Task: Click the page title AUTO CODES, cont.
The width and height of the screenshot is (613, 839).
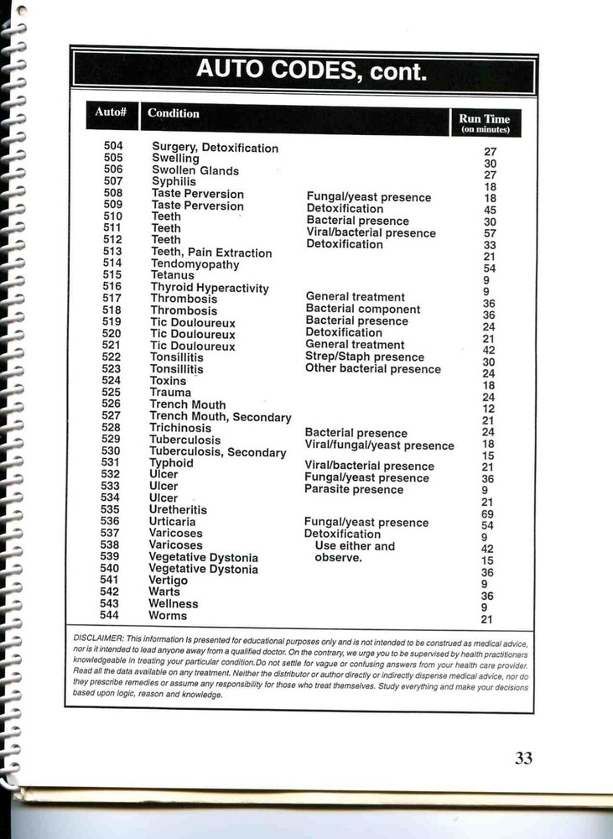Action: pyautogui.click(x=311, y=70)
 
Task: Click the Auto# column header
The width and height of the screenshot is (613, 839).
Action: pyautogui.click(x=111, y=112)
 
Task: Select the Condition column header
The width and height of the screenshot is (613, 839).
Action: pyautogui.click(x=174, y=113)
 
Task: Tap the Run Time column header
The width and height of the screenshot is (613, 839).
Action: pyautogui.click(x=485, y=122)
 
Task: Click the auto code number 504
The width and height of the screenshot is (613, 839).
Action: pyautogui.click(x=113, y=146)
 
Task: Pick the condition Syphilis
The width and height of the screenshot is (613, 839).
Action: pyautogui.click(x=174, y=181)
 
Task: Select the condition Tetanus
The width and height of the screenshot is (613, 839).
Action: pyautogui.click(x=172, y=275)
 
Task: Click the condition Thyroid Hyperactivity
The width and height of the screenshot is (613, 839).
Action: pyautogui.click(x=210, y=288)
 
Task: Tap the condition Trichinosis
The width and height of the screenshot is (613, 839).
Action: pyautogui.click(x=180, y=428)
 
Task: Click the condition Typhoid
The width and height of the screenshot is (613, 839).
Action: pyautogui.click(x=171, y=463)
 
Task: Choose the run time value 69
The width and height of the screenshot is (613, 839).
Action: pyautogui.click(x=487, y=514)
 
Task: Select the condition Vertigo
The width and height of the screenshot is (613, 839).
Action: pyautogui.click(x=168, y=581)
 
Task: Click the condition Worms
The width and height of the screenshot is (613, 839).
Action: pyautogui.click(x=168, y=616)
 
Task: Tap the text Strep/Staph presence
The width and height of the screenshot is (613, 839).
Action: pyautogui.click(x=365, y=357)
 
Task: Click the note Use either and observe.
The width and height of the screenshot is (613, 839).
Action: pyautogui.click(x=353, y=552)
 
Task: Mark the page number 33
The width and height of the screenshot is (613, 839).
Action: pyautogui.click(x=523, y=758)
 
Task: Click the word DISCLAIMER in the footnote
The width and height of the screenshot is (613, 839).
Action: pyautogui.click(x=98, y=638)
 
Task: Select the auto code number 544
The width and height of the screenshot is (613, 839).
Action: pyautogui.click(x=110, y=615)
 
